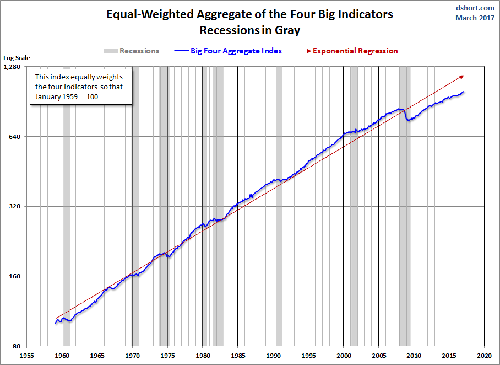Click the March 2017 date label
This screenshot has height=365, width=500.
[475, 18]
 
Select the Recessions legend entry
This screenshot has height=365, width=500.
[132, 51]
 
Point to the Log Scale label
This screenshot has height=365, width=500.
[17, 57]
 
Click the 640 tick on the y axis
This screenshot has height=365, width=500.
[14, 137]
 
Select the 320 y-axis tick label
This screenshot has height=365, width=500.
[14, 206]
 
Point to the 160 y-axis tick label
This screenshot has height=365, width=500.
[14, 276]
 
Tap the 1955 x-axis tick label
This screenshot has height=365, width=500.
[27, 356]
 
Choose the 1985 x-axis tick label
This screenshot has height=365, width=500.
[238, 356]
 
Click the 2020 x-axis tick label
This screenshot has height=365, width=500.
[484, 356]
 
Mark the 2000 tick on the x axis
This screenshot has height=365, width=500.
[344, 356]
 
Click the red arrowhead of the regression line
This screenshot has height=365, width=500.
[461, 77]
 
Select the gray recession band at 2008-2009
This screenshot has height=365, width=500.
[406, 221]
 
